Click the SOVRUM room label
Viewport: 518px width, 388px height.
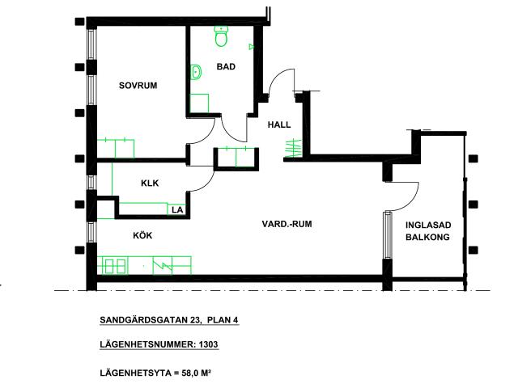pos(138,86)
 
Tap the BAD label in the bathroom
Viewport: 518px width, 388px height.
pos(226,66)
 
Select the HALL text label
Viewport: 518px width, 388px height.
pos(279,124)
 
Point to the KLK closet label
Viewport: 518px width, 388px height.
pos(150,183)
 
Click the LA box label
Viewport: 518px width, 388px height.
pos(177,210)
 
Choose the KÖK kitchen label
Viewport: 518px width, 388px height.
pos(142,235)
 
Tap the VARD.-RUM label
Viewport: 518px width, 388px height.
pos(287,224)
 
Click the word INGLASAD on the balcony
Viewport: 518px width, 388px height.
pos(428,225)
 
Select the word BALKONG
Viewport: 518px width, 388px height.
pos(427,237)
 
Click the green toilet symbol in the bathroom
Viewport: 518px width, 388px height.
pos(221,36)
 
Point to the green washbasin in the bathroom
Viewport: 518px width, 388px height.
pos(196,72)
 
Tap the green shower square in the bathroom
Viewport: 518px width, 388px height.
pos(199,103)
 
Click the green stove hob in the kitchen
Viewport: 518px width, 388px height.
pos(114,266)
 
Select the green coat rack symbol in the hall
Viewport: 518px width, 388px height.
pos(293,148)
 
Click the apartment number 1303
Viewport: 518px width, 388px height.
pos(208,344)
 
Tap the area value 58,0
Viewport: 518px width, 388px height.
pos(190,373)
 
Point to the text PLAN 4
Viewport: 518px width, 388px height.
pos(223,320)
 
